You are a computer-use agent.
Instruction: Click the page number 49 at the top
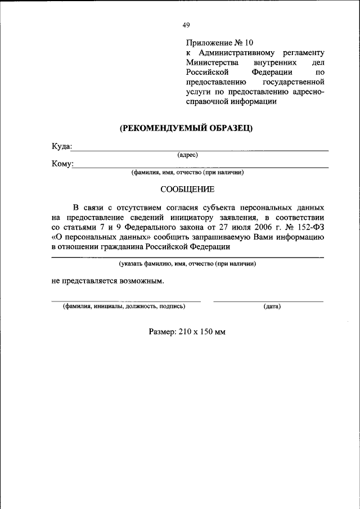(x=186, y=25)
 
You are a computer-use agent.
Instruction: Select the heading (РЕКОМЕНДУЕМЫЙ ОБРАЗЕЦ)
(x=186, y=128)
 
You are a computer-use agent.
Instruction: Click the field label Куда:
(x=62, y=146)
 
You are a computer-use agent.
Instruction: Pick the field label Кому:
(x=62, y=164)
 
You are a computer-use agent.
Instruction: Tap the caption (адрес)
(x=187, y=154)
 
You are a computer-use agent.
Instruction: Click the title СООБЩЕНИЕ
(x=187, y=190)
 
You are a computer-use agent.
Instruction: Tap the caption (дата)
(x=272, y=307)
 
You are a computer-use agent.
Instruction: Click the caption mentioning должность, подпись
(x=124, y=307)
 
